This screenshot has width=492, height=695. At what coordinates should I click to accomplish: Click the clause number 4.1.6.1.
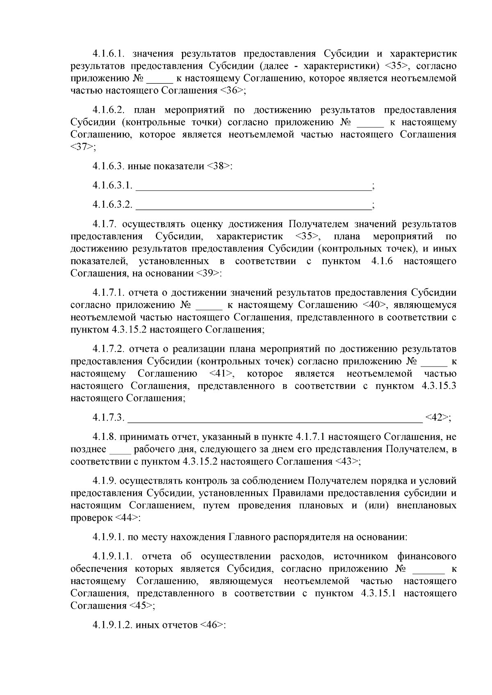click(x=107, y=54)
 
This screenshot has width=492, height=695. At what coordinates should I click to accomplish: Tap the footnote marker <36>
click(x=232, y=91)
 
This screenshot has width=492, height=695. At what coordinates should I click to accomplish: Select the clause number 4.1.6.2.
click(x=107, y=110)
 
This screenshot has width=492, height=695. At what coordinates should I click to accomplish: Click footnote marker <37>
click(x=81, y=147)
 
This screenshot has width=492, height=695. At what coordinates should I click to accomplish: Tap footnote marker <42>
click(x=437, y=417)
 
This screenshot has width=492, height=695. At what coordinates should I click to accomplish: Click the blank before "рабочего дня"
click(x=120, y=450)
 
